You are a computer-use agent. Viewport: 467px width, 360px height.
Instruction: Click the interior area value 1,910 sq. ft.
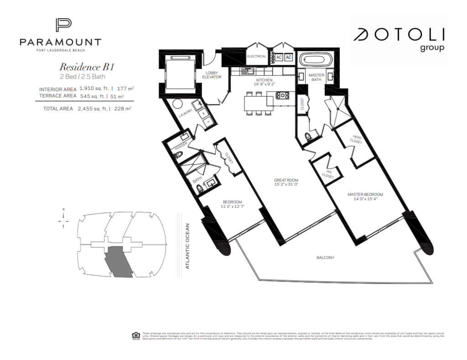point(94,89)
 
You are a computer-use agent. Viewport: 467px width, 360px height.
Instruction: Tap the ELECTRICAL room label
point(256,57)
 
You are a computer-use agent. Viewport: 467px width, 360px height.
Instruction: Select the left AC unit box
point(279,57)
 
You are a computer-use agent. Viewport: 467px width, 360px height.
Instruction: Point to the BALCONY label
point(325,258)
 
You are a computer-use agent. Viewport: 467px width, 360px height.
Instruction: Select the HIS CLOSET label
point(328,173)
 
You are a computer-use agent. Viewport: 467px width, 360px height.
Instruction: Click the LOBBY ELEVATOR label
point(212,75)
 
